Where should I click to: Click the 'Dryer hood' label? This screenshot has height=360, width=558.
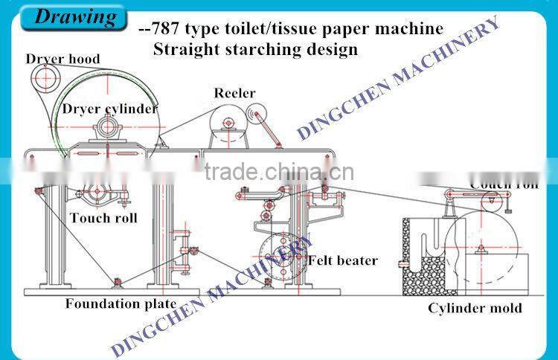tap(62, 59)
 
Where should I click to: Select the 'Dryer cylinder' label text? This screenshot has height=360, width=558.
tap(110, 109)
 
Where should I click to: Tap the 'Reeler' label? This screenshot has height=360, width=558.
tap(234, 93)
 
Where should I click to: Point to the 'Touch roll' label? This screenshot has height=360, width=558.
tap(103, 218)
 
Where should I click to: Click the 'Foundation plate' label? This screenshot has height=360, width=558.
tap(121, 303)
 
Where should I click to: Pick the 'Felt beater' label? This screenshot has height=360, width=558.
tap(343, 260)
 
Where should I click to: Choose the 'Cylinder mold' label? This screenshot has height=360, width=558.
tap(475, 308)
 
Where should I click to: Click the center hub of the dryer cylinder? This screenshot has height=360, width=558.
tap(108, 126)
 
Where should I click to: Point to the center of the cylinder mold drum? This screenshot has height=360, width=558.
tap(483, 246)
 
